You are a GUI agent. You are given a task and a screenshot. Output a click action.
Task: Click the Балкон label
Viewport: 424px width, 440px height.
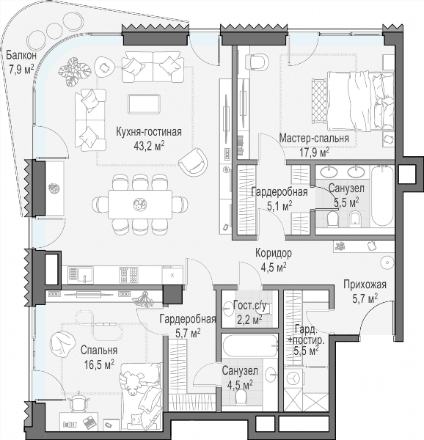click(21, 55)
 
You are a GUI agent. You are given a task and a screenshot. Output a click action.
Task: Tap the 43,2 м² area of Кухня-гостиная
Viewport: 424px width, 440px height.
click(149, 146)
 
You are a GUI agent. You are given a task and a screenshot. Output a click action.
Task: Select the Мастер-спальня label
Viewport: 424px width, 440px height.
click(314, 139)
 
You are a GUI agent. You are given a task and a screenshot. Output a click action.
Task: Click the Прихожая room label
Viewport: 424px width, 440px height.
click(365, 285)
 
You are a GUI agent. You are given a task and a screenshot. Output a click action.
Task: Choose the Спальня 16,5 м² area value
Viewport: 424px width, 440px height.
click(99, 364)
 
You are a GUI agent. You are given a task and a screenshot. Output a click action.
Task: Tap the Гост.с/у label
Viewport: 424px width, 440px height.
click(249, 306)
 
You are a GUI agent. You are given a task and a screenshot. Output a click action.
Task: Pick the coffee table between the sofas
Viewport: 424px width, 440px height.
click(144, 104)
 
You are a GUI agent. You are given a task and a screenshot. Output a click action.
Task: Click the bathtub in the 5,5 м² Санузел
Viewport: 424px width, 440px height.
click(382, 196)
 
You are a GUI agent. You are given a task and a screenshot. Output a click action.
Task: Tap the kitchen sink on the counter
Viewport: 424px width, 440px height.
click(81, 274)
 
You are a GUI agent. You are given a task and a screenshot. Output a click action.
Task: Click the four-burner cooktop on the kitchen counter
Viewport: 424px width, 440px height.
click(128, 275)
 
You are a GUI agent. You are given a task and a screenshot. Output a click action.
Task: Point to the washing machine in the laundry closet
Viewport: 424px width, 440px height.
click(293, 378)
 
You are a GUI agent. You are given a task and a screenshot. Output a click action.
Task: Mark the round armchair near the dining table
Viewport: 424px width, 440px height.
click(193, 161)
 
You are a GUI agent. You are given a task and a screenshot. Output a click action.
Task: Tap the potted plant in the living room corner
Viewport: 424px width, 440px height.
click(74, 71)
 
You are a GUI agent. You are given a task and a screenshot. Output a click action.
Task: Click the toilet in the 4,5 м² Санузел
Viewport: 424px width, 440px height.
click(241, 396)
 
